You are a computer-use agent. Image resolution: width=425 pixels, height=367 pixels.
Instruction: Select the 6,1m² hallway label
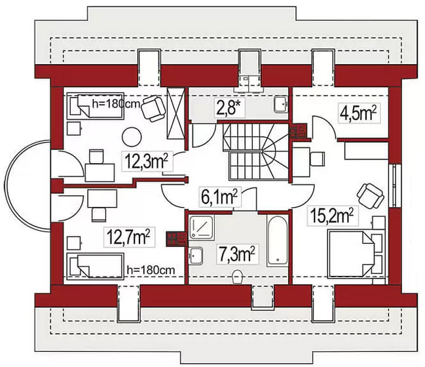218,195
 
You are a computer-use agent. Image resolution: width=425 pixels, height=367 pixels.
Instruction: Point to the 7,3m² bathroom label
234,252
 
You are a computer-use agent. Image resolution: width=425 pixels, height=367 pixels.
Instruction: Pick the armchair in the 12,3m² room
153,107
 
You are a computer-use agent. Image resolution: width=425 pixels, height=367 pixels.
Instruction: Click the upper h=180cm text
115,102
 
